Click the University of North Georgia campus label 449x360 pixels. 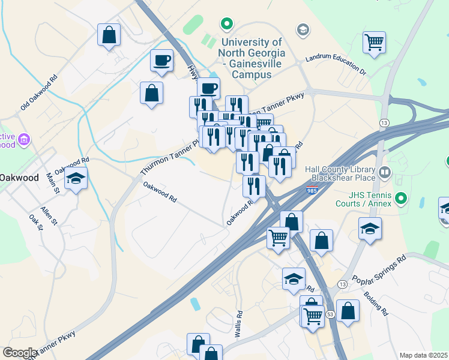point(252,58)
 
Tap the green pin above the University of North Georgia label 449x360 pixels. point(227,25)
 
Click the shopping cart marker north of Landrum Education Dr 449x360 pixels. point(374,43)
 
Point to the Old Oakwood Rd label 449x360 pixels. point(39,92)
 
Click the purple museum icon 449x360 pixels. point(24,140)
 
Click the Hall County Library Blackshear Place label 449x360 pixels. point(340,174)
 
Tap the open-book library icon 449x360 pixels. point(385,173)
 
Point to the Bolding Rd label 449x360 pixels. point(375,304)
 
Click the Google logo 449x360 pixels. point(20,353)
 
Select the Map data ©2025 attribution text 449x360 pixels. point(423,355)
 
